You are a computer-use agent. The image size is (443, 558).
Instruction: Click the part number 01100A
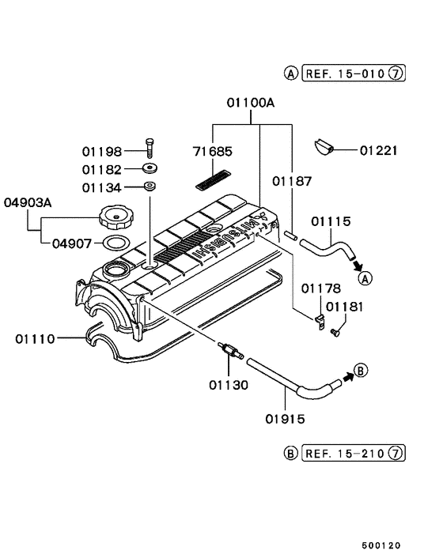point(252,103)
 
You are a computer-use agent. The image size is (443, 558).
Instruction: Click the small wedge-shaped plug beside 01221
point(323,145)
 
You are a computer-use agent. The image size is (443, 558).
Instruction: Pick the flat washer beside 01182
point(149,168)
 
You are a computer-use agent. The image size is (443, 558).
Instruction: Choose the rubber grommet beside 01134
point(149,187)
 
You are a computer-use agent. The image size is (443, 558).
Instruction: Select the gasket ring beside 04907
point(115,241)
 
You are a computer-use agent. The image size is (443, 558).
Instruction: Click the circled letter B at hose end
point(360,369)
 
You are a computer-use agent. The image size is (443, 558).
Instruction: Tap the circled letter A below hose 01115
point(364,277)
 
